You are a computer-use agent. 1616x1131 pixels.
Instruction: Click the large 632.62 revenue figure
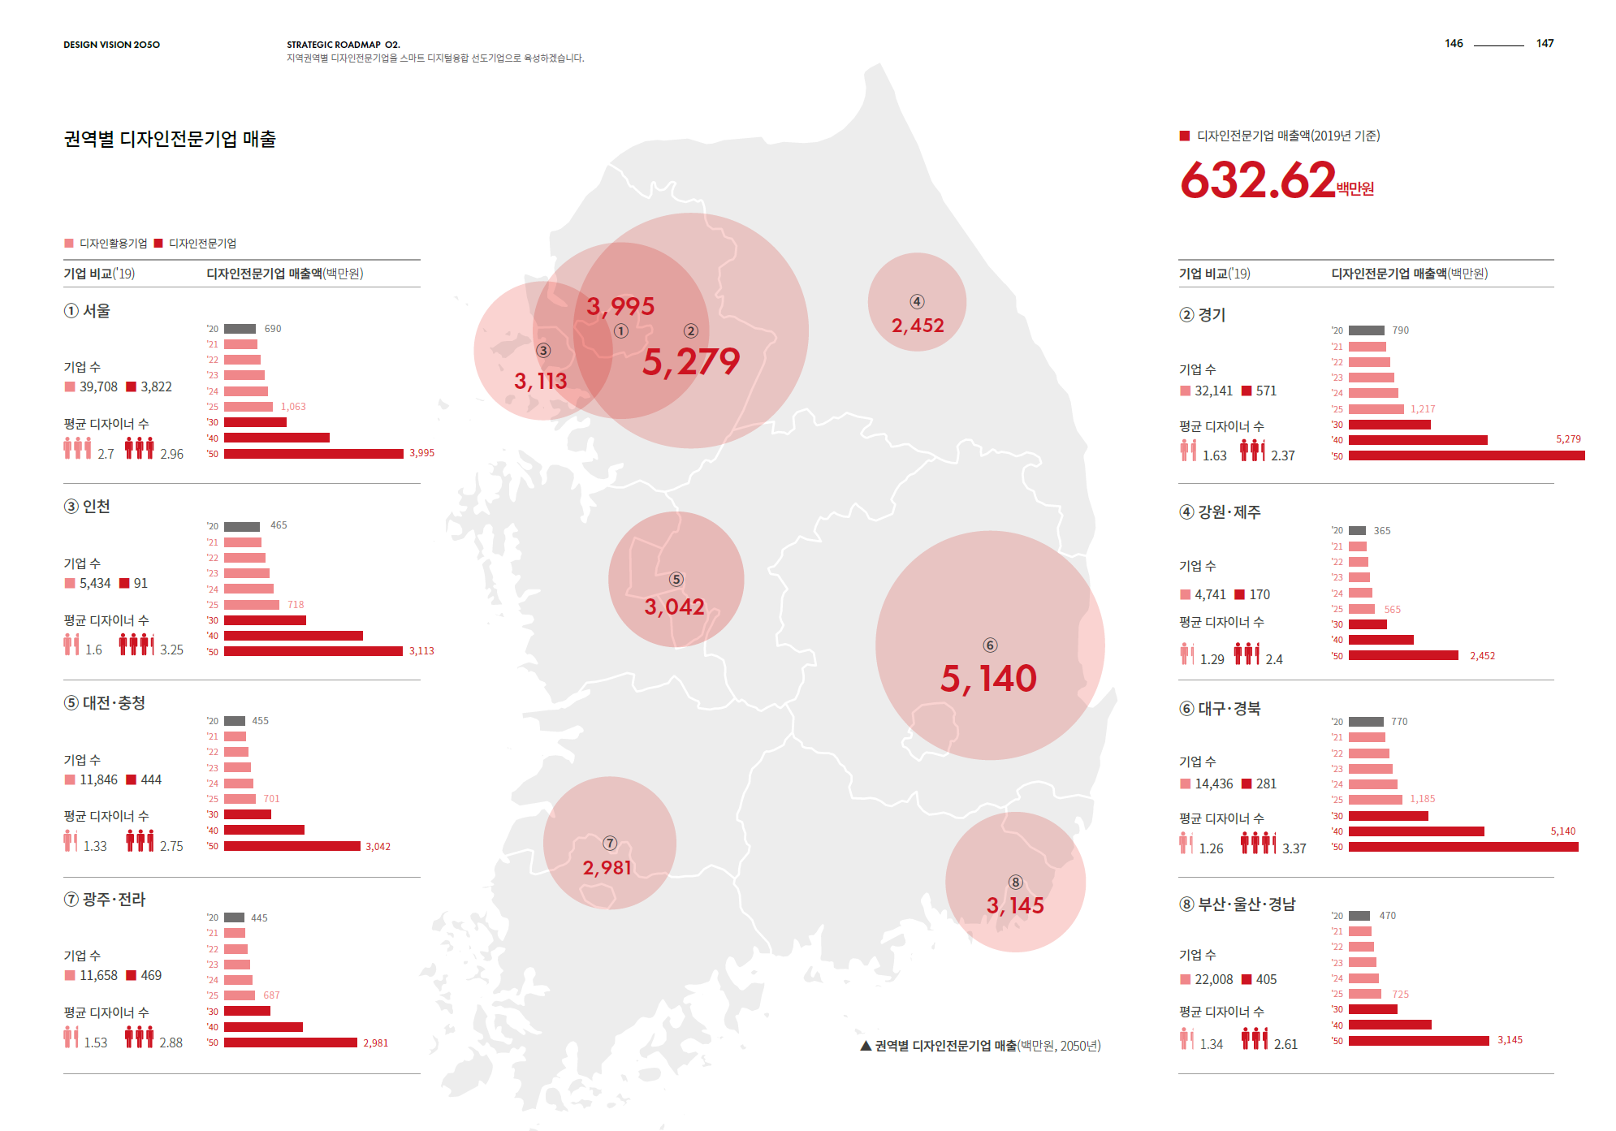(1257, 180)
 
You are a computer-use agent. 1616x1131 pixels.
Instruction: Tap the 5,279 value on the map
(691, 362)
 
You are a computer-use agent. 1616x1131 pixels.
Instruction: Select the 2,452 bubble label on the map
(918, 326)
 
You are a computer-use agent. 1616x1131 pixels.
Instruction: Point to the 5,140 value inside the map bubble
(988, 679)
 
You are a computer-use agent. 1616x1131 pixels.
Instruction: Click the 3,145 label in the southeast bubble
(1015, 905)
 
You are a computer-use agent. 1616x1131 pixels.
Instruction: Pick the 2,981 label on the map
(607, 868)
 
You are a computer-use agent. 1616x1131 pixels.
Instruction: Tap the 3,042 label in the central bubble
(674, 607)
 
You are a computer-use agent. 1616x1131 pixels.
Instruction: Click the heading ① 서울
(88, 311)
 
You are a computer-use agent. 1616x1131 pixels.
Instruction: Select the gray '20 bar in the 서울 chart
(240, 329)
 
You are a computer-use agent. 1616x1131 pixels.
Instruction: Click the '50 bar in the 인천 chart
(313, 651)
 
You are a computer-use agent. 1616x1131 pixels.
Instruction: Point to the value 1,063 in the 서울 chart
(293, 407)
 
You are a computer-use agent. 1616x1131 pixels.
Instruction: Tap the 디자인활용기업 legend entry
(106, 244)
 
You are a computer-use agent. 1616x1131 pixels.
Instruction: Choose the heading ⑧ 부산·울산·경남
(1238, 904)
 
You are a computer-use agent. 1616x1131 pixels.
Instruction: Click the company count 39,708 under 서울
(98, 387)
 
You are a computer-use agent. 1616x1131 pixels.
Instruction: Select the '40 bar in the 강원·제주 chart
(1381, 640)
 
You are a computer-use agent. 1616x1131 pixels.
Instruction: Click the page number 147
(1545, 44)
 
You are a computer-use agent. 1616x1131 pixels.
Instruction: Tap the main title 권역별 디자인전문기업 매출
(170, 139)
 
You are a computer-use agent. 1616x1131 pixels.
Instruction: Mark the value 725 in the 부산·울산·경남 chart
(1400, 995)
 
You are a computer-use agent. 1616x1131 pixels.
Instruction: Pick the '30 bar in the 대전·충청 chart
(247, 814)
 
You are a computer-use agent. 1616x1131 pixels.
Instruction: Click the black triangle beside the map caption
(866, 1046)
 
